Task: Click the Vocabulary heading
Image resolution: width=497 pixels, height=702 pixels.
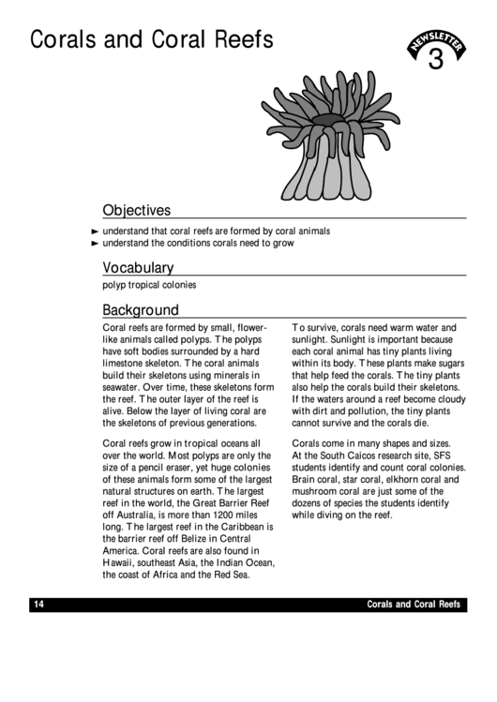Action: coord(138,267)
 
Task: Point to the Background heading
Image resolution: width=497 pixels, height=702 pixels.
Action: coord(141,309)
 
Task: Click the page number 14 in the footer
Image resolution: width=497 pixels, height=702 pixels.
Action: coord(38,605)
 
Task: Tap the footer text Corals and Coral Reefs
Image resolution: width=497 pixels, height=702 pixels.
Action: coord(414,605)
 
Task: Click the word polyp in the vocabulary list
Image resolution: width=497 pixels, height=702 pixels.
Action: coord(113,285)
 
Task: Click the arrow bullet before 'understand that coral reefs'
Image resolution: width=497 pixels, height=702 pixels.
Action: coord(94,231)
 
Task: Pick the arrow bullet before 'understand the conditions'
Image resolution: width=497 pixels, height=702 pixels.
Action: coord(94,243)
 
